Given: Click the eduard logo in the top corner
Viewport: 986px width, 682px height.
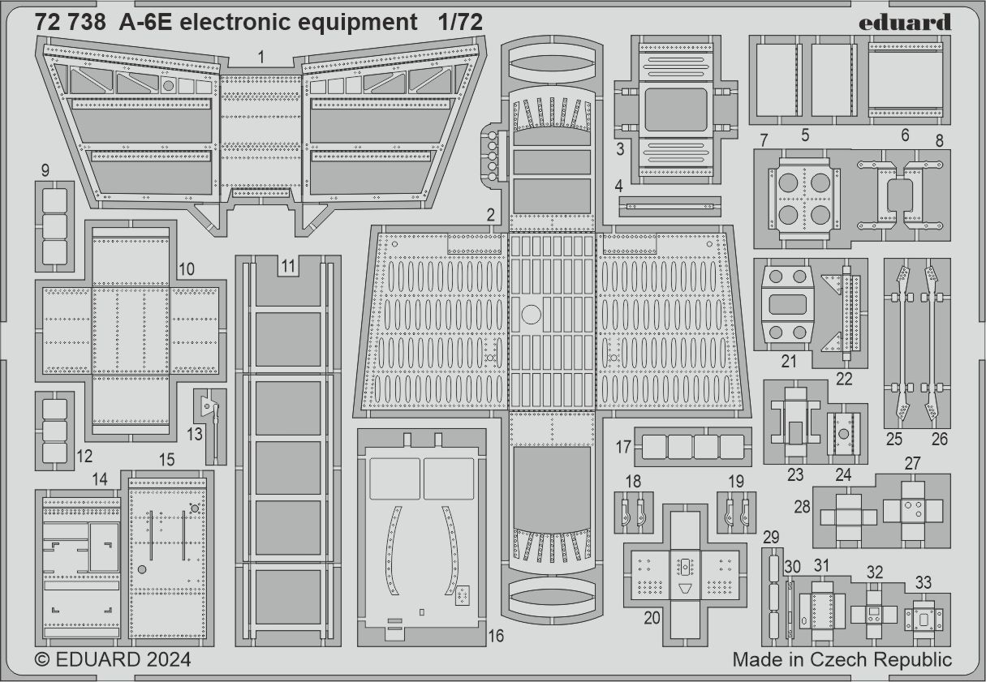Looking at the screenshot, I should pos(905,22).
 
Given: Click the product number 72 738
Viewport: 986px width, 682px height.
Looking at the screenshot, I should pos(70,23).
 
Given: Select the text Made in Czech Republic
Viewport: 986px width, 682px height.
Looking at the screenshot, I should pos(842,659).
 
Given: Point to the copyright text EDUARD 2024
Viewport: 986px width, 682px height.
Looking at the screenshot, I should pos(114,660).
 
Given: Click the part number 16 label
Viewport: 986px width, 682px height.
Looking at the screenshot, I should pos(496,636).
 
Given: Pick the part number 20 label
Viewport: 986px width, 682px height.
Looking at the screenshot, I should pos(652,617).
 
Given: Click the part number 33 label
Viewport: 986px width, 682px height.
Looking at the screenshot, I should pos(923,581).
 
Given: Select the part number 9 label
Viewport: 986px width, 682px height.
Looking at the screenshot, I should pos(44,170).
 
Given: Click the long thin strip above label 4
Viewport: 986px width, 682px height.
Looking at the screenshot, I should pos(670,206).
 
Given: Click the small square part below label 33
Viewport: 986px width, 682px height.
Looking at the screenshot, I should pos(924,619).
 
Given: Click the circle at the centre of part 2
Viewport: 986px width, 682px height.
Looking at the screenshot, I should pos(531,315).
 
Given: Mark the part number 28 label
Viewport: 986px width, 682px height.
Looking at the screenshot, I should pos(803,506).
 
